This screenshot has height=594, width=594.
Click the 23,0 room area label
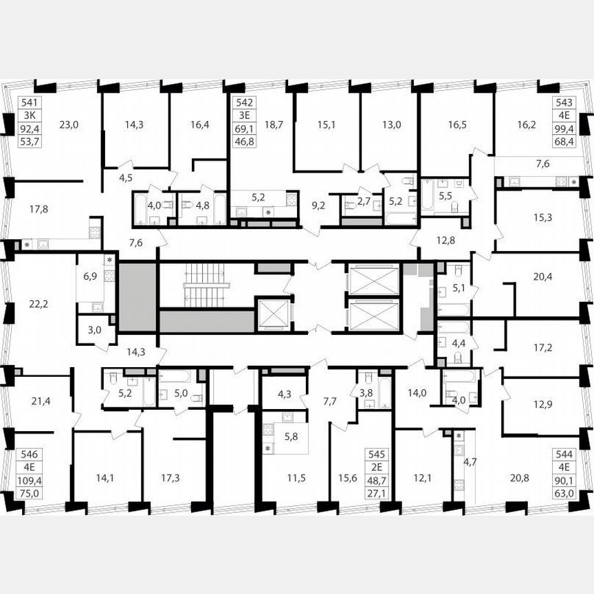coord(69,124)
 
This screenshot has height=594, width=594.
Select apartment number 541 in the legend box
coord(29,103)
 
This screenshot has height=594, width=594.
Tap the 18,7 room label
coord(274,124)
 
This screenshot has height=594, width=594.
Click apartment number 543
coord(564,103)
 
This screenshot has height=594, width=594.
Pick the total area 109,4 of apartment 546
coord(30,481)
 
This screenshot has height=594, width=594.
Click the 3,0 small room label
coord(94,329)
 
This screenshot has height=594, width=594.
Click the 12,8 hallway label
coord(445,239)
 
